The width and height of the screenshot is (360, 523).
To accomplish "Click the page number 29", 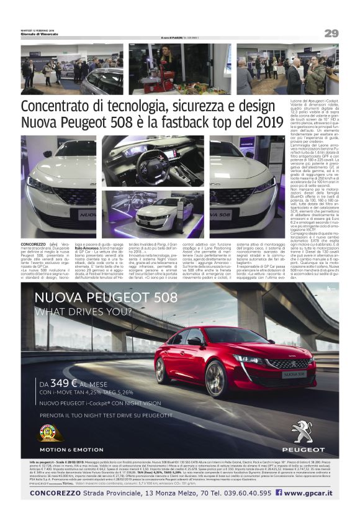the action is click(x=331, y=33).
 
